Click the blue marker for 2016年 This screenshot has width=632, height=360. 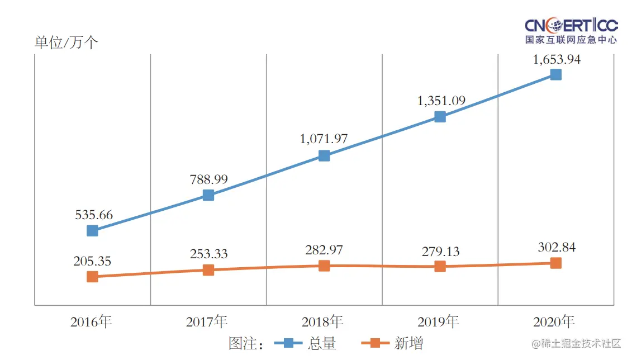pyautogui.click(x=93, y=230)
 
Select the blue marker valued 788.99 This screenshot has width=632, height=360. pyautogui.click(x=208, y=195)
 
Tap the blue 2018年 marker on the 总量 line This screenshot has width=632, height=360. pyautogui.click(x=324, y=155)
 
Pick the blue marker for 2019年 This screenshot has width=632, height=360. pyautogui.click(x=440, y=117)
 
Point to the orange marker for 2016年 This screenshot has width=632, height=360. pyautogui.click(x=93, y=277)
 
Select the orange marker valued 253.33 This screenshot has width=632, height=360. pyautogui.click(x=208, y=270)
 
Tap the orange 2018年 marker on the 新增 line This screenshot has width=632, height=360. pyautogui.click(x=324, y=266)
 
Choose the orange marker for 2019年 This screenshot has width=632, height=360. pyautogui.click(x=440, y=266)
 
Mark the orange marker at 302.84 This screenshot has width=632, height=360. pyautogui.click(x=555, y=263)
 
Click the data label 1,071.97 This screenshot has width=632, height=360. pyautogui.click(x=324, y=138)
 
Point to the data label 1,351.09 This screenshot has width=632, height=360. pyautogui.click(x=440, y=101)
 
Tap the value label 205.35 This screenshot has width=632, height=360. pyautogui.click(x=92, y=261)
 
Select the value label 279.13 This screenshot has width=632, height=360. pyautogui.click(x=440, y=252)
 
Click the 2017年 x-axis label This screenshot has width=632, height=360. pyautogui.click(x=207, y=322)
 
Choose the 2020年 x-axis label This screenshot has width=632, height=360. pyautogui.click(x=554, y=322)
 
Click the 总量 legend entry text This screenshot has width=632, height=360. pyautogui.click(x=322, y=343)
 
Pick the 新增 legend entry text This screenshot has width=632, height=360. pyautogui.click(x=408, y=343)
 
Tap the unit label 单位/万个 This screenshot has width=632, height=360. pyautogui.click(x=66, y=43)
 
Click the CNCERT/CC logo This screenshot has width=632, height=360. pyautogui.click(x=571, y=31)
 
